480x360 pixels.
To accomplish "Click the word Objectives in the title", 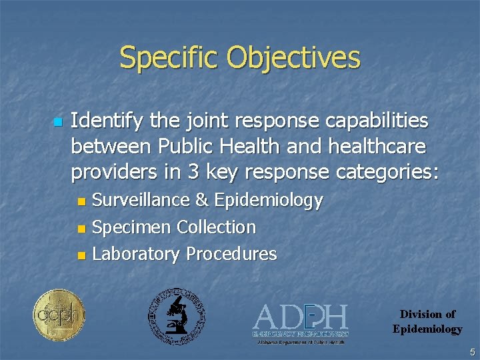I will point(294,58).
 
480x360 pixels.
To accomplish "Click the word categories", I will point(387,173).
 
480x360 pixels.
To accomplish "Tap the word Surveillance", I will point(139,200).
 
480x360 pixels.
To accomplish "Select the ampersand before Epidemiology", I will point(201,200).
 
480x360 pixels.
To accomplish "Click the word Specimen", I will point(131,227).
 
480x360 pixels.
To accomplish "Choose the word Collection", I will point(216,227).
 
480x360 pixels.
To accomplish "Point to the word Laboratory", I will point(136,254).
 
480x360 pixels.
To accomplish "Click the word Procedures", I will point(231,254).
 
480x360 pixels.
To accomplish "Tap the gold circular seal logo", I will point(59,315).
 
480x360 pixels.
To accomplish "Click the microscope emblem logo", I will point(177,317).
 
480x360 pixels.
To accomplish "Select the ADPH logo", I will point(301,322).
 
